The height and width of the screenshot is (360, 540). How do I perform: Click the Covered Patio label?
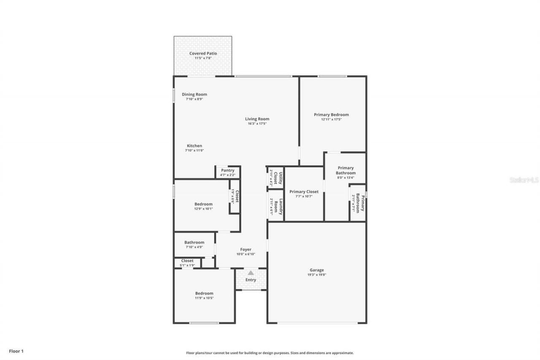(x=203, y=54)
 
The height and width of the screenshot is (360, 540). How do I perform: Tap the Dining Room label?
(x=194, y=95)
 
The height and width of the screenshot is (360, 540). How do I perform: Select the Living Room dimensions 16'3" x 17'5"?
(x=257, y=124)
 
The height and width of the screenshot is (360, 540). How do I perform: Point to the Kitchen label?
(x=194, y=146)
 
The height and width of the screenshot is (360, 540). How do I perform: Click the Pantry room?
(x=228, y=172)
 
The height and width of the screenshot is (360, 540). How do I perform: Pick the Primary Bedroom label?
(x=331, y=115)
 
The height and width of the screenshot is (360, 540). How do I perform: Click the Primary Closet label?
(x=304, y=192)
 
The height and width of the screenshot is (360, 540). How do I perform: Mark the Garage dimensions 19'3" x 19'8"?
(x=317, y=275)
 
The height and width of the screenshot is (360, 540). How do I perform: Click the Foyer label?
(x=246, y=249)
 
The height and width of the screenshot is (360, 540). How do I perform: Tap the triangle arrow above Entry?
(x=251, y=273)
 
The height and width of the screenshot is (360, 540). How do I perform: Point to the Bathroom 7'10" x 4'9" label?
(x=194, y=243)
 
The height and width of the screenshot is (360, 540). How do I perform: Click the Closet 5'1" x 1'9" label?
(x=187, y=261)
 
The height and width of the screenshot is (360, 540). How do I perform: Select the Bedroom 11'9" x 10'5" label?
(x=204, y=293)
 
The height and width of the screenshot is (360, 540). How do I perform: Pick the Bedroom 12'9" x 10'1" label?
(x=203, y=204)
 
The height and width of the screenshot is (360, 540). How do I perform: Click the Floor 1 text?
(x=16, y=351)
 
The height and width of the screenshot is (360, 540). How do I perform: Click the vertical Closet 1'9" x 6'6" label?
(x=235, y=197)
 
